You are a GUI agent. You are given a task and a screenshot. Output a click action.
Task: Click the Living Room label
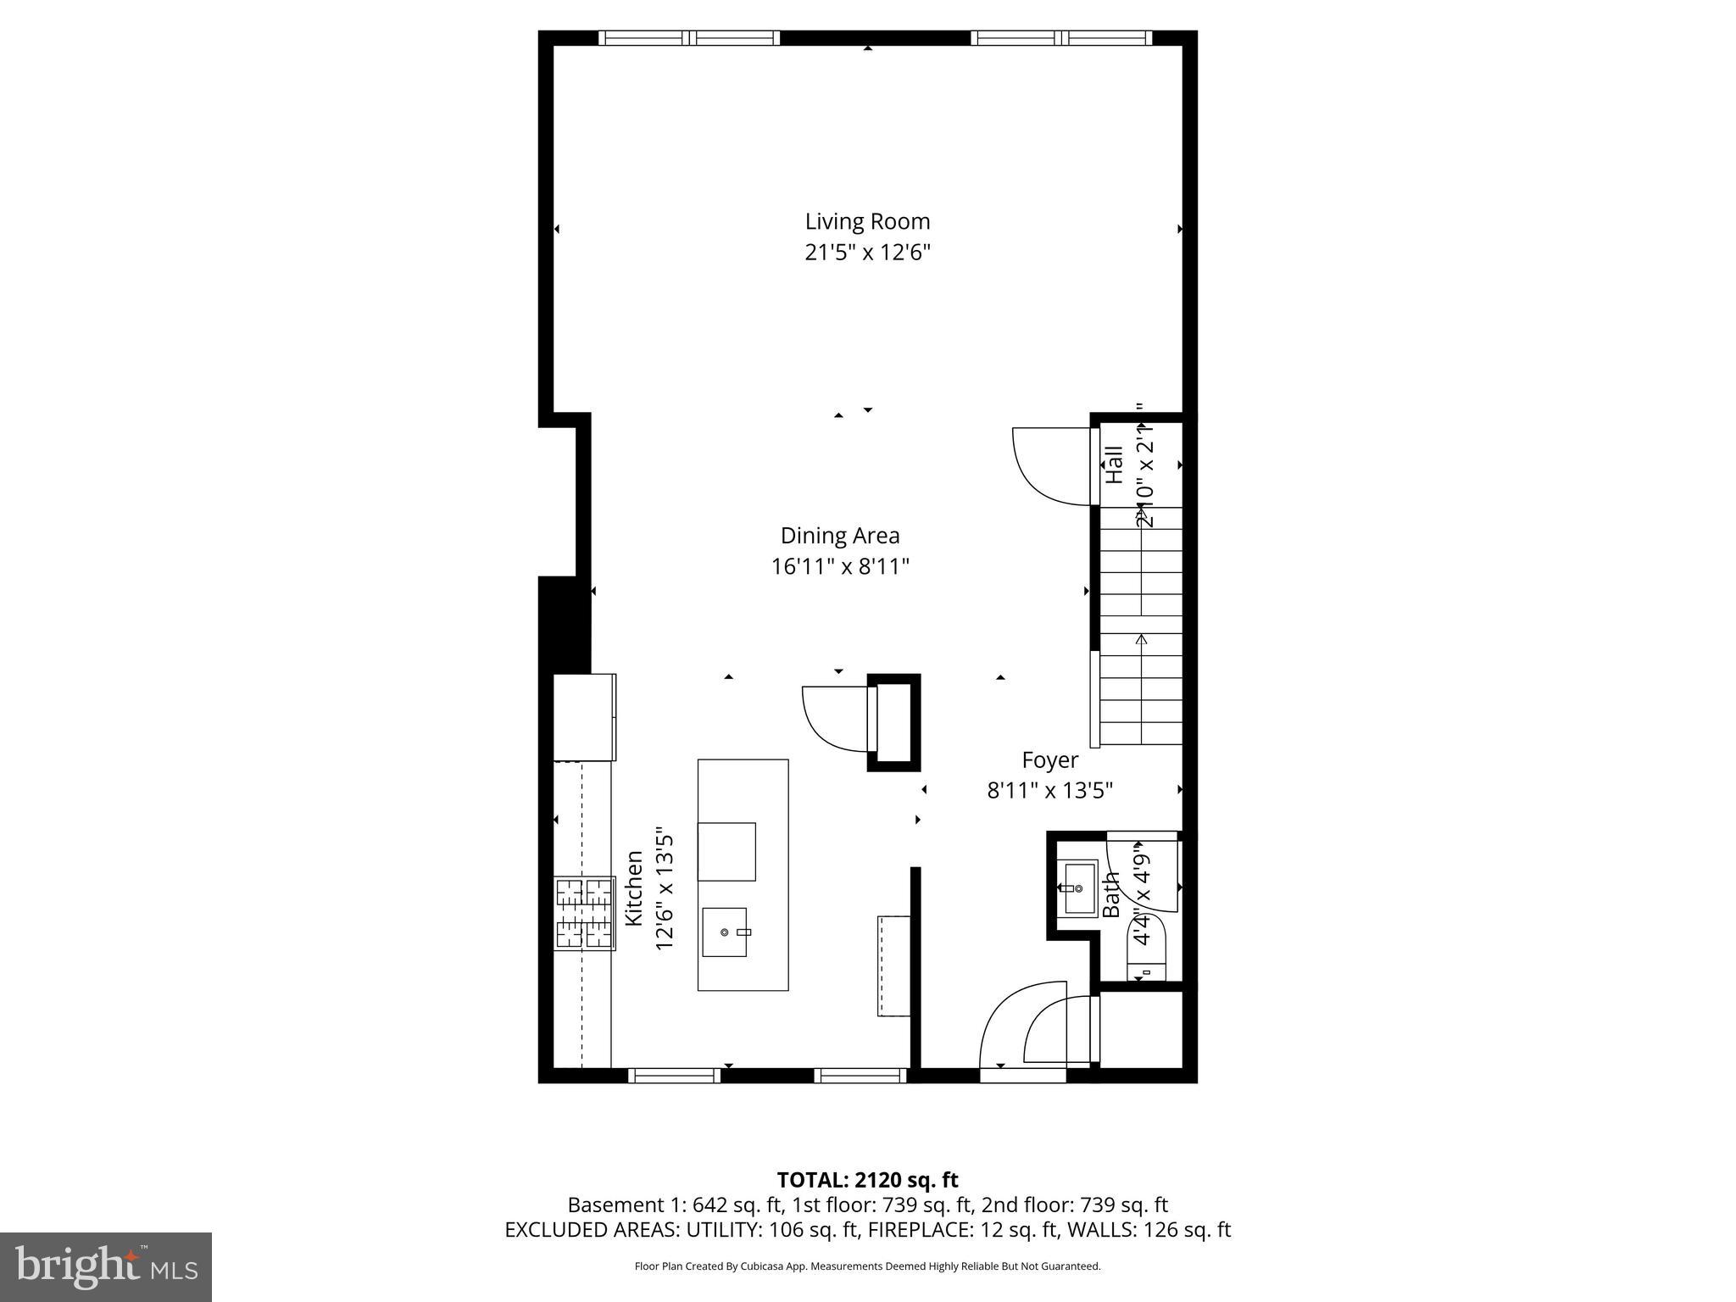[x=867, y=221]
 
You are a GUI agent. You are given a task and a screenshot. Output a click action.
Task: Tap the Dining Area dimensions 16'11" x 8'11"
[x=839, y=566]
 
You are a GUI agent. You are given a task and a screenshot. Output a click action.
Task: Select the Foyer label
[x=1049, y=760]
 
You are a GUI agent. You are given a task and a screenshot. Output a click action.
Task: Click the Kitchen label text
[x=634, y=888]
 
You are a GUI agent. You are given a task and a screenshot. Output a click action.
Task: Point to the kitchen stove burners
[x=584, y=913]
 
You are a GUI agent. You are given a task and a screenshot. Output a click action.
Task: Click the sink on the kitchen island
[x=725, y=932]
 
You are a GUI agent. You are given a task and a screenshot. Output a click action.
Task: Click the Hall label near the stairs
[x=1114, y=465]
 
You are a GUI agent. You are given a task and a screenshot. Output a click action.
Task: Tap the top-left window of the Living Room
[x=689, y=37]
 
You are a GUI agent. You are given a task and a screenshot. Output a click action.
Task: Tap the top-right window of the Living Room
[x=1061, y=37]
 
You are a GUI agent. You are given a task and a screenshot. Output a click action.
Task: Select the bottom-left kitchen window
[x=674, y=1076]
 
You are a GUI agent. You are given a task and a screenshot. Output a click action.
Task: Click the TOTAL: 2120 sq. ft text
[x=867, y=1180]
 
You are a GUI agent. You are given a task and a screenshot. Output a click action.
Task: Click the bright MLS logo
[x=106, y=1266]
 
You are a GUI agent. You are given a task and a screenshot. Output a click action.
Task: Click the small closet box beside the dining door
[x=894, y=723]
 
